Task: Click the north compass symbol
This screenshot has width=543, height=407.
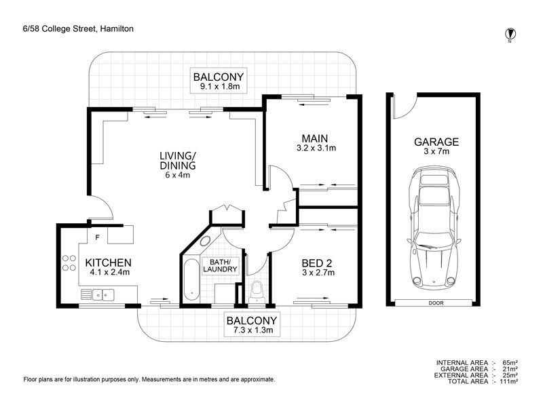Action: [x=509, y=33]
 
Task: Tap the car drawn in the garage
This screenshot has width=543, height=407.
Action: [x=431, y=230]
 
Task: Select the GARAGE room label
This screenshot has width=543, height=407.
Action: [x=436, y=142]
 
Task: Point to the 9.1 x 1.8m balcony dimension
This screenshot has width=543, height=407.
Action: [x=219, y=87]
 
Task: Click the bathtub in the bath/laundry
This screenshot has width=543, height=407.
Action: [x=191, y=277]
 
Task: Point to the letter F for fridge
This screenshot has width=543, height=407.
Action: [x=98, y=237]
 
